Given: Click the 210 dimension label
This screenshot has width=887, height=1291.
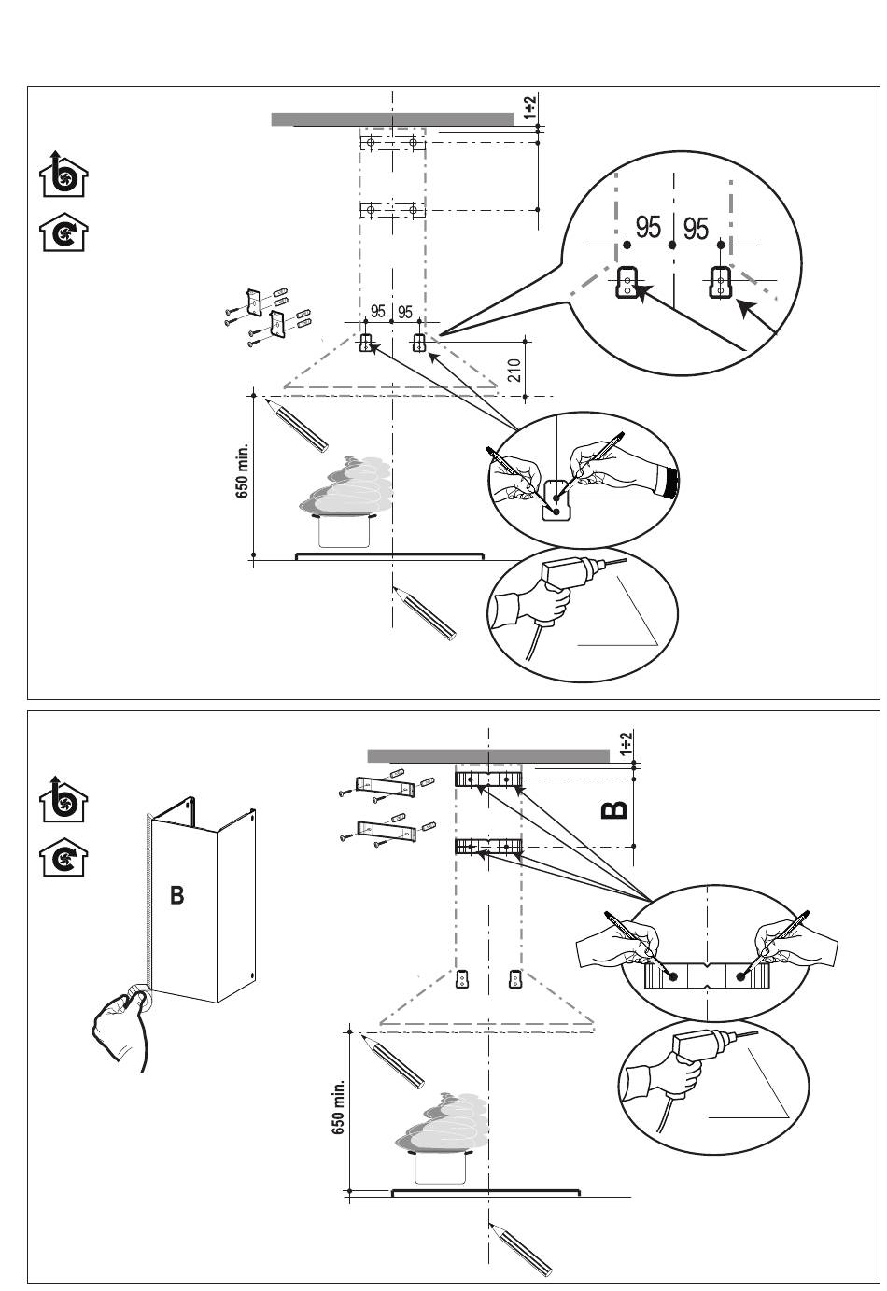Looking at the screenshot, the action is (515, 370).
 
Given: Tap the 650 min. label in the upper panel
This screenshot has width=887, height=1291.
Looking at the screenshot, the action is (242, 470).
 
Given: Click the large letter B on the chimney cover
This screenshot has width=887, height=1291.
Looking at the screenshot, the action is (177, 895).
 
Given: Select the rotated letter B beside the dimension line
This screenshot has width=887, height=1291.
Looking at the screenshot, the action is (614, 809).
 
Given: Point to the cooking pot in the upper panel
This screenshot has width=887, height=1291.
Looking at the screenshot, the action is (345, 529).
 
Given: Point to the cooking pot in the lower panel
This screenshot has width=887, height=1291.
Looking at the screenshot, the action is (441, 1165).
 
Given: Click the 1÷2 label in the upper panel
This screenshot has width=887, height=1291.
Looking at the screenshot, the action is (530, 107).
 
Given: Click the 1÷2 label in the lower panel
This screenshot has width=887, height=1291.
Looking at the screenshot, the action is (627, 743).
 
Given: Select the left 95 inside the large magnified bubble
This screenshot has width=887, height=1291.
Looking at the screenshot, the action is (648, 227).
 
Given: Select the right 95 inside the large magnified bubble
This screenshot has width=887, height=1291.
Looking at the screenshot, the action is (696, 228).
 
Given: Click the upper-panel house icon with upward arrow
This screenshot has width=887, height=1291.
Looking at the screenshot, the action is (63, 174).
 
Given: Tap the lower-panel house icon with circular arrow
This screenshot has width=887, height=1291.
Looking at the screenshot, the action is (63, 857).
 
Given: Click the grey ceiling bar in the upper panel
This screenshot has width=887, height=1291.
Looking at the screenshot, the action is (392, 119).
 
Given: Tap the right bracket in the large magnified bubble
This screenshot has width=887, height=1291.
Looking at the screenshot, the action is (720, 282).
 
